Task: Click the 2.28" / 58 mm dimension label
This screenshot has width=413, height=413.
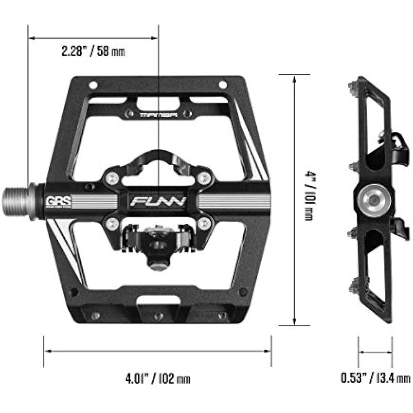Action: click(x=93, y=51)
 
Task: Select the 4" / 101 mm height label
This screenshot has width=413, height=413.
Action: click(x=309, y=196)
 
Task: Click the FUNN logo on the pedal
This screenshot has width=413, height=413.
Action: click(x=158, y=202)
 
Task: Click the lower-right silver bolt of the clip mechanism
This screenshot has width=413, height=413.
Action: click(x=204, y=225)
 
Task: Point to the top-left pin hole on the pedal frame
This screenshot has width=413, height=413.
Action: click(x=93, y=84)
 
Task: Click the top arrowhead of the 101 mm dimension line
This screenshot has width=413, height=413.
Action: click(x=294, y=78)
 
